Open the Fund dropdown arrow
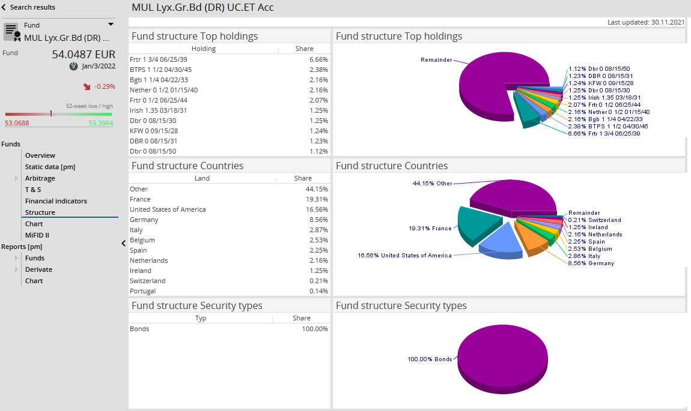[x=111, y=25]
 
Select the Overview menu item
[x=40, y=155]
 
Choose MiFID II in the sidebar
[x=37, y=235]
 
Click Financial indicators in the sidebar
[x=56, y=201]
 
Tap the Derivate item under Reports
[x=38, y=269]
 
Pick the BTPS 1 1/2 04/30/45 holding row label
[x=161, y=70]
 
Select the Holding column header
[x=204, y=49]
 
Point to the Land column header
[x=202, y=178]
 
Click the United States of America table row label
[x=168, y=209]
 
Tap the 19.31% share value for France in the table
[x=318, y=199]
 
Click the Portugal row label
[x=143, y=291]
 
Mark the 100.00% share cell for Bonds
[x=314, y=329]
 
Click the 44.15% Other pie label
[x=432, y=184]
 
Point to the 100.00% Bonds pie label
[x=430, y=359]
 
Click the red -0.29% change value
[x=105, y=86]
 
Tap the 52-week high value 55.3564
[x=100, y=123]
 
